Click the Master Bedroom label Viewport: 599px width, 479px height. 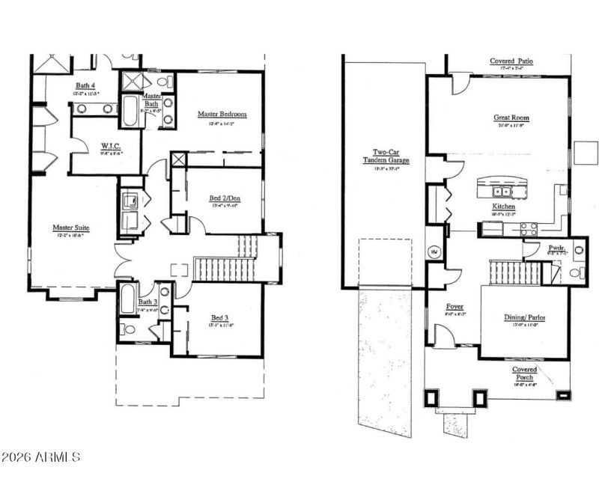coord(222,114)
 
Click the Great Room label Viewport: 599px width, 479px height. coord(511,118)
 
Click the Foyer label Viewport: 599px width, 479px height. coord(455,306)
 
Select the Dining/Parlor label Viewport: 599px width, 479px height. coord(524,317)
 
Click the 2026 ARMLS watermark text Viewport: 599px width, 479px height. coord(41,456)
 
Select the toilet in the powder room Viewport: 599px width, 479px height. coord(575,273)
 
